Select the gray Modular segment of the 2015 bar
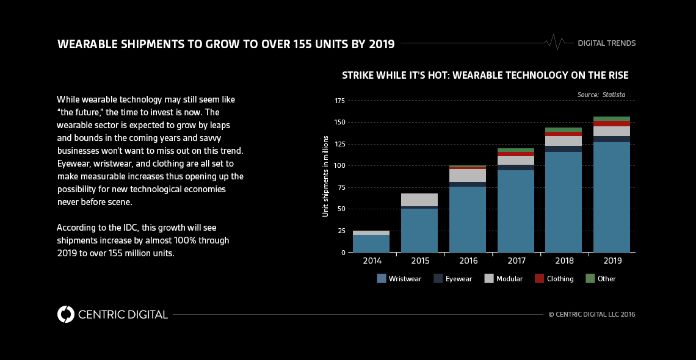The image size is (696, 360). point(419,200)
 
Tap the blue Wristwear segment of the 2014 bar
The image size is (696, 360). point(371,243)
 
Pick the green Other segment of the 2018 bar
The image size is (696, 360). point(564,129)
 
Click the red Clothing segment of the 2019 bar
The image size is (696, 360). point(612,124)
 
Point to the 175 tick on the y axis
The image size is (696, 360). point(341,101)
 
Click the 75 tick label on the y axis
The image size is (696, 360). point(341,187)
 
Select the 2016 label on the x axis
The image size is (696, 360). point(468,261)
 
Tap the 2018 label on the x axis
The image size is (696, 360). point(564,261)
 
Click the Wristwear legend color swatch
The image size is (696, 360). point(382,278)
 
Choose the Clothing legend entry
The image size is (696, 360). point(554,279)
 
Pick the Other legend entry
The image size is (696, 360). point(601,279)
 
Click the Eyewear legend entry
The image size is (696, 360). point(454,279)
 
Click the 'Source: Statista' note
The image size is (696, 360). point(601,95)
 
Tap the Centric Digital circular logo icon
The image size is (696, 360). point(66,314)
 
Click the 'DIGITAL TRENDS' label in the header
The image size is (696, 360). point(606,43)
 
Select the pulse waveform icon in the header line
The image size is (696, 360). point(554,43)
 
